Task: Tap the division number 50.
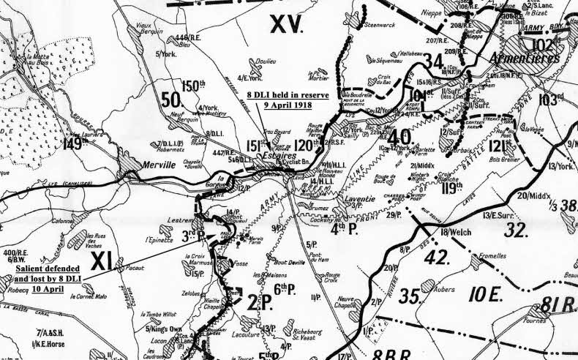170,100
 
